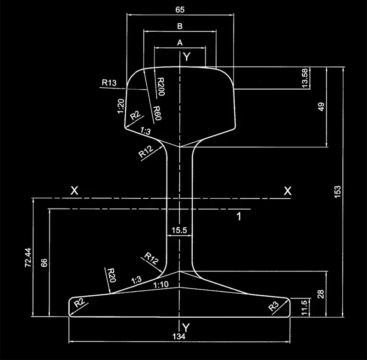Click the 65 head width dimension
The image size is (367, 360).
[180, 9]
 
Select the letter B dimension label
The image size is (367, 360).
[180, 26]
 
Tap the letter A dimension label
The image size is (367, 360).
[180, 42]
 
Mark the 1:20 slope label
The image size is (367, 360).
[121, 107]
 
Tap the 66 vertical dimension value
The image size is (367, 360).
[44, 263]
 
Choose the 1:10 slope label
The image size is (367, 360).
[160, 285]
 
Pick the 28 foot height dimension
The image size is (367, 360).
[320, 294]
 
